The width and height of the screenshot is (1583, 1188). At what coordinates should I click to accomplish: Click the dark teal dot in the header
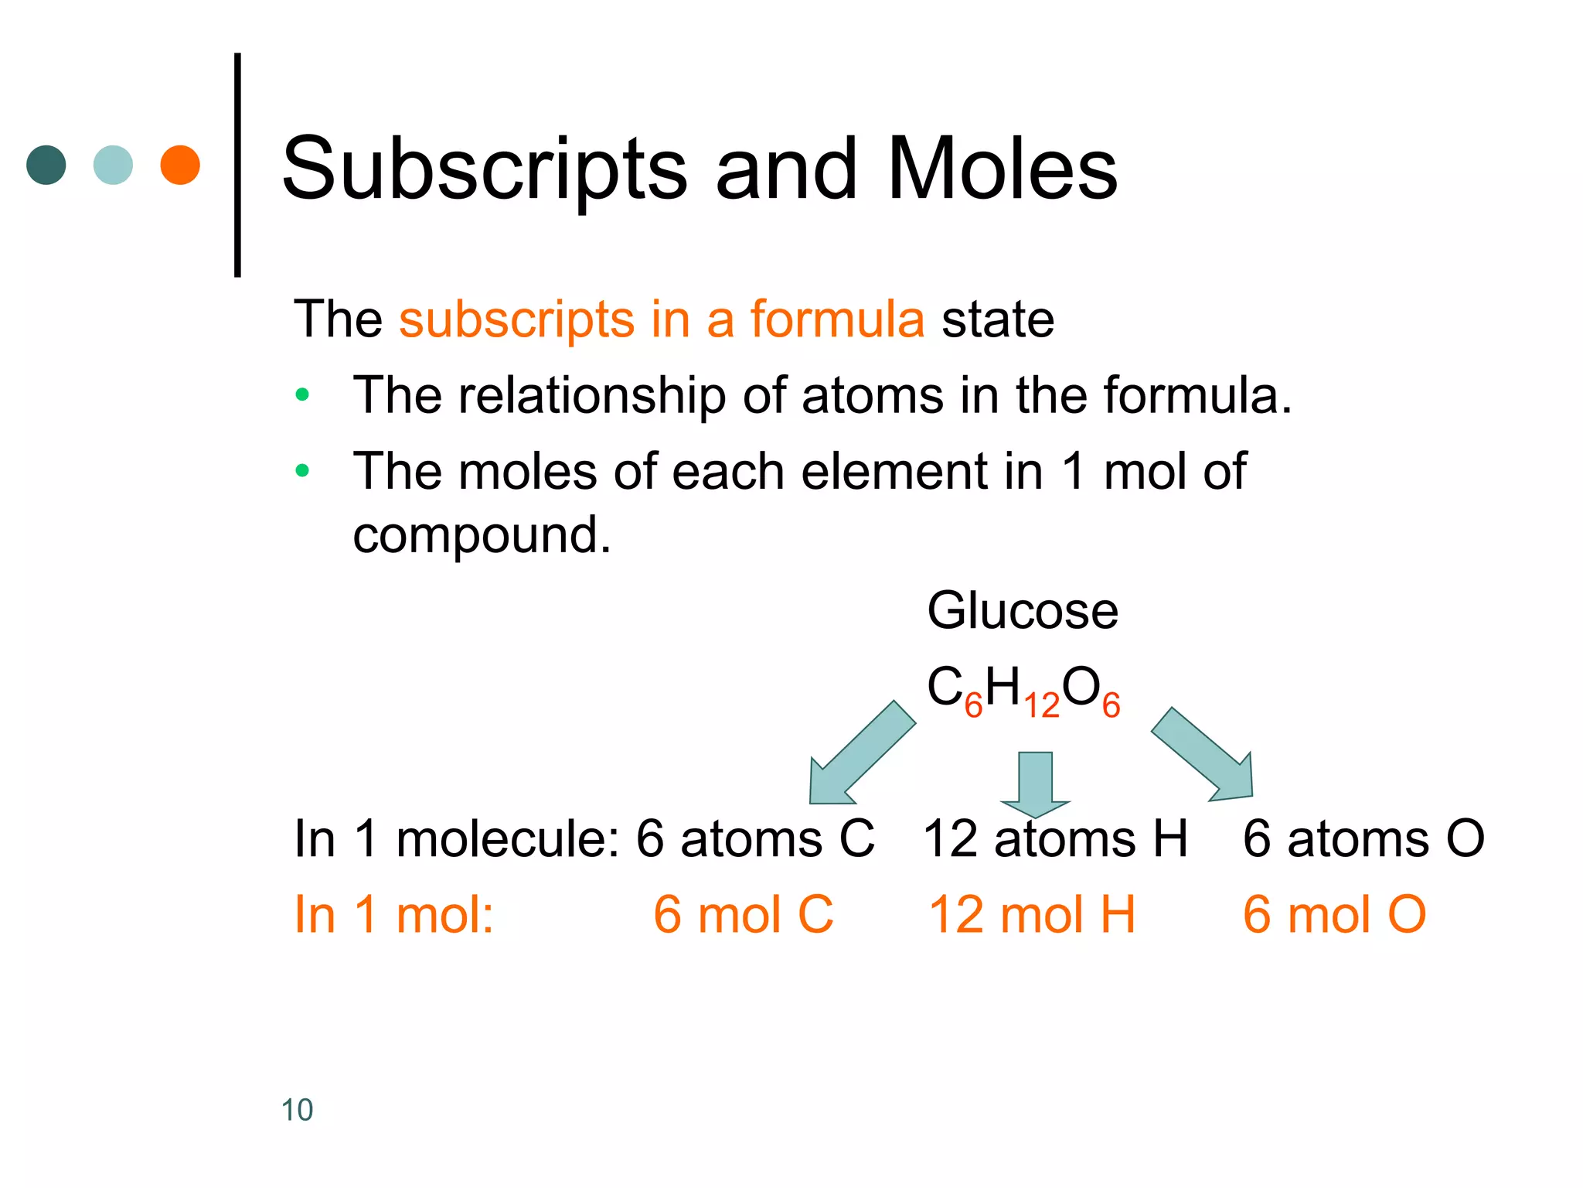tap(46, 165)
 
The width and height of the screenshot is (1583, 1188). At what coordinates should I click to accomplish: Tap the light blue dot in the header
tap(113, 165)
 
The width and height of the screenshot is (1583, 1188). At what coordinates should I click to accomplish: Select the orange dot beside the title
tap(180, 165)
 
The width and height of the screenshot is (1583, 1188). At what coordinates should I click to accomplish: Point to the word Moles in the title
tap(1003, 169)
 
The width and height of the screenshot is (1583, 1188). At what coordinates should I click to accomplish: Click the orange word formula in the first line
tap(837, 319)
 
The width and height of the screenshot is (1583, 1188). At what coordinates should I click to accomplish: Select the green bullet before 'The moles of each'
tap(302, 470)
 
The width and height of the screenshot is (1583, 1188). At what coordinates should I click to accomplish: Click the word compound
tap(482, 535)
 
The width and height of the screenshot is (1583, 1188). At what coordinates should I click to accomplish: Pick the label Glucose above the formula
tap(1022, 611)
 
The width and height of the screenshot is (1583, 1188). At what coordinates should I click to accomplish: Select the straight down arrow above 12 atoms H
tap(1035, 783)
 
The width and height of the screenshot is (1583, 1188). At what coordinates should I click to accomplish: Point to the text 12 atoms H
tap(1055, 839)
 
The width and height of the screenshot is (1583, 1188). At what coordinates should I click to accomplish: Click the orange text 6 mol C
tap(743, 915)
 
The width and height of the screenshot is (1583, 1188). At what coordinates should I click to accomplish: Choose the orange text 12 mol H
tap(1031, 915)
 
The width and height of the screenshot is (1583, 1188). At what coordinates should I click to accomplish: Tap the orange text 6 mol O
tap(1333, 915)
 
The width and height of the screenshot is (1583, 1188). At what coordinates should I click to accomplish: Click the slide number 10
tap(297, 1110)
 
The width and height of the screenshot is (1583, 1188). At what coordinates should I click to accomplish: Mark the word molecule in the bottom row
tap(507, 839)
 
